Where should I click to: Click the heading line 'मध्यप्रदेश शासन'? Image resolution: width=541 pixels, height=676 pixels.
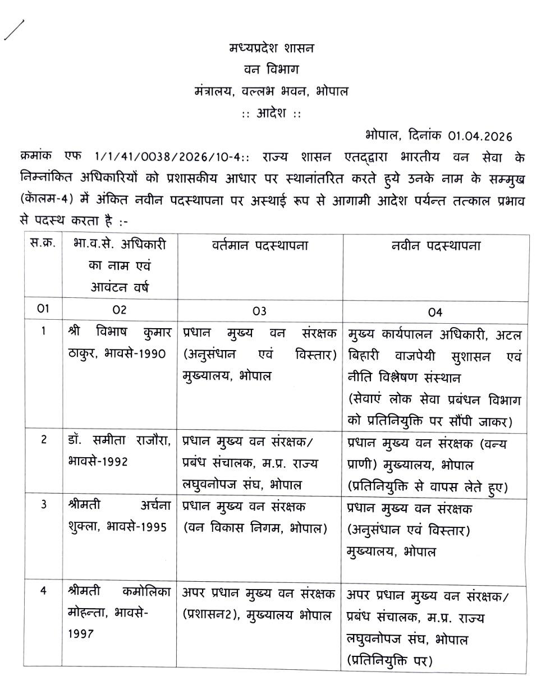[272, 48]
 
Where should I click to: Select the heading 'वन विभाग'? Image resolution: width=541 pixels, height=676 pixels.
[272, 70]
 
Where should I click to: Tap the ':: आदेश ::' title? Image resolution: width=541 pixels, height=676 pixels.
[272, 113]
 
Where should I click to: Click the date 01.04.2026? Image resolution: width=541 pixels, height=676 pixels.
[480, 136]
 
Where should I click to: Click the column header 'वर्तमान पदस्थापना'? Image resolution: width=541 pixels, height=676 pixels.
[260, 246]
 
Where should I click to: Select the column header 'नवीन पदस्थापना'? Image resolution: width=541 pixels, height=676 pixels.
[435, 246]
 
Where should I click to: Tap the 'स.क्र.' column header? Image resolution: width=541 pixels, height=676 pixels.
[43, 245]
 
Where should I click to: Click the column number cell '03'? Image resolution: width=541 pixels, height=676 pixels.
[259, 311]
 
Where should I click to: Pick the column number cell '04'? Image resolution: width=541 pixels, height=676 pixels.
[435, 311]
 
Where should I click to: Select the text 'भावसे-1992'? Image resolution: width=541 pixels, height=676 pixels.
[96, 461]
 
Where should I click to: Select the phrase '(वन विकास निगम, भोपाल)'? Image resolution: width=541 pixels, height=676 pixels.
[255, 528]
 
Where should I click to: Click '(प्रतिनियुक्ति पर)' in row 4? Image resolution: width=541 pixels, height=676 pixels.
[390, 660]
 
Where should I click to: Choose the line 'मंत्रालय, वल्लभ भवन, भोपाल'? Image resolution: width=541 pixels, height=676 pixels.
[272, 91]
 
